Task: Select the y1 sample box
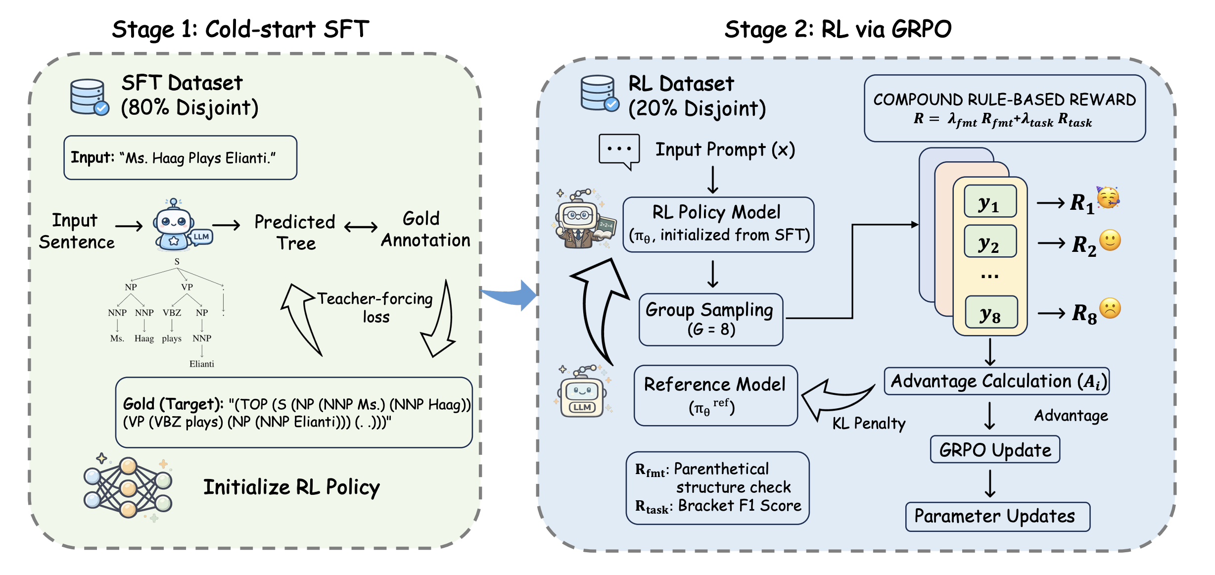point(990,201)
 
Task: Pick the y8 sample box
point(991,312)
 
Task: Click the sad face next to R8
point(1110,308)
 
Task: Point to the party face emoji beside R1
point(1108,197)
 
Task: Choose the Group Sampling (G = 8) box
point(710,320)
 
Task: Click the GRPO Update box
point(995,449)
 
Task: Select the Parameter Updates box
point(997,517)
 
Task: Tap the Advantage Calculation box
point(996,381)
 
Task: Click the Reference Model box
point(715,395)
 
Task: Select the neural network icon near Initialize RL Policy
point(128,487)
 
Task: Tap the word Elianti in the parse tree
point(202,364)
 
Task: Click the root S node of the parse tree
point(177,261)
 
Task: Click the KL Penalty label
point(869,423)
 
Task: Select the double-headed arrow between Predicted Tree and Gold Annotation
point(361,227)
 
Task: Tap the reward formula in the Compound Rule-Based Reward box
point(1003,120)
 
